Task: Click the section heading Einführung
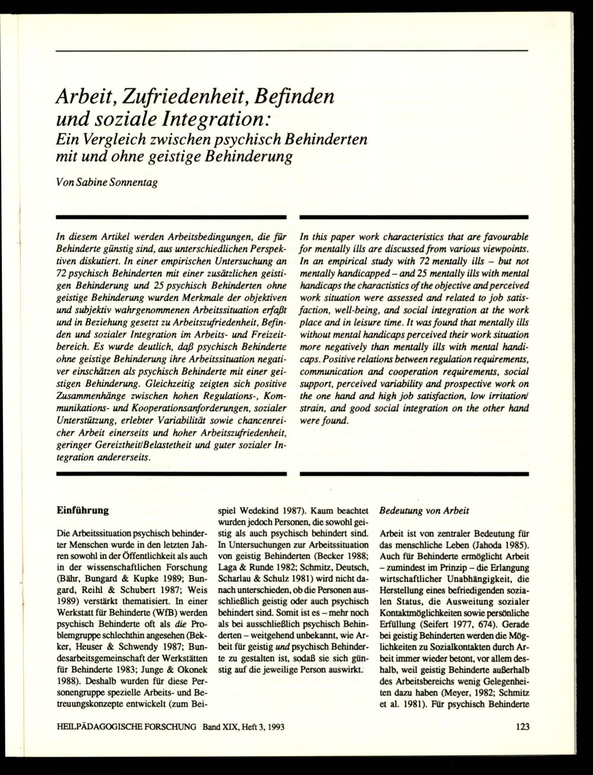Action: (82, 509)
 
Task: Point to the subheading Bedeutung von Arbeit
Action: (424, 510)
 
